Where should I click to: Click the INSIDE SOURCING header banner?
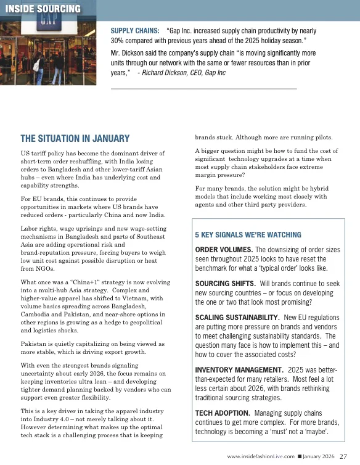tap(42, 9)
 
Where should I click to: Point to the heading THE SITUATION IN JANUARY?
tap(75, 139)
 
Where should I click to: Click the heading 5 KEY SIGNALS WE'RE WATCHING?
tap(248, 235)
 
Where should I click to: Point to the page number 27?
tap(343, 456)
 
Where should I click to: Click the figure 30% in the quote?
tap(120, 40)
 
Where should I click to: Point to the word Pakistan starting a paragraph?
tap(35, 343)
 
